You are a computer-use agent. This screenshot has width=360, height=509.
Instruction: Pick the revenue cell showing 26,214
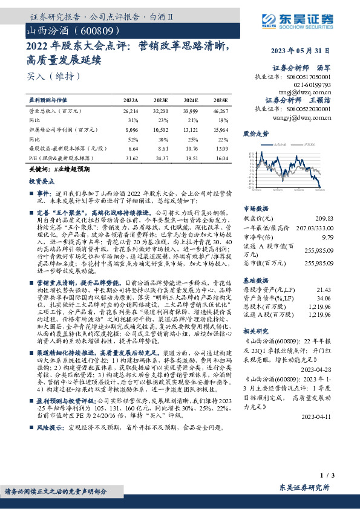pyautogui.click(x=130, y=112)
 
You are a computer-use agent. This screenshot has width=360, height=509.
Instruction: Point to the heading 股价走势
pyautogui.click(x=255, y=132)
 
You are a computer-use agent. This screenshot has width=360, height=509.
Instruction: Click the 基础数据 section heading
pyautogui.click(x=255, y=280)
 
